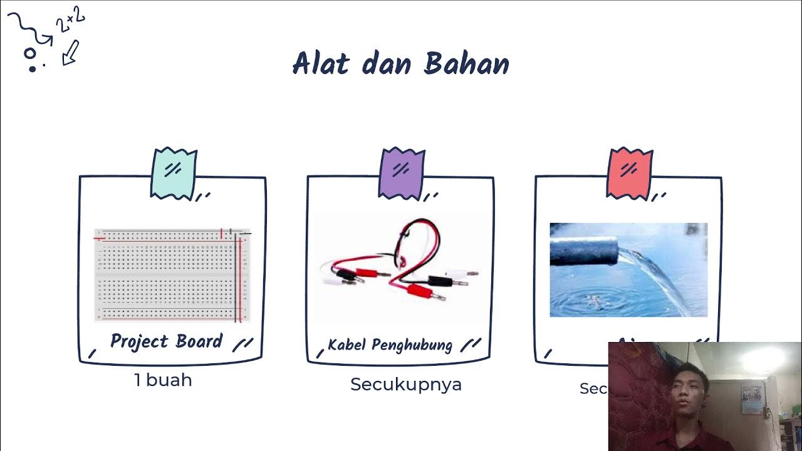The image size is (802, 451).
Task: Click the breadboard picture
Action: point(172,275)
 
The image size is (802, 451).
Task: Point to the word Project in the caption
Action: point(139,341)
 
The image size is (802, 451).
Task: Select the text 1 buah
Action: point(163,380)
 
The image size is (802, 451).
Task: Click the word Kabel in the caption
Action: point(348,345)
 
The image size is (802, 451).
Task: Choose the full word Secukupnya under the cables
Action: point(406,384)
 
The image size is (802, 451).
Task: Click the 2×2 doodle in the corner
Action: point(70,21)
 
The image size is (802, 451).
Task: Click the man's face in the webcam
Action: point(689,386)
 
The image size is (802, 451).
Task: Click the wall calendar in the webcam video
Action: point(752,399)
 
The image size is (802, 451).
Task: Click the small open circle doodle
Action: point(30,54)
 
